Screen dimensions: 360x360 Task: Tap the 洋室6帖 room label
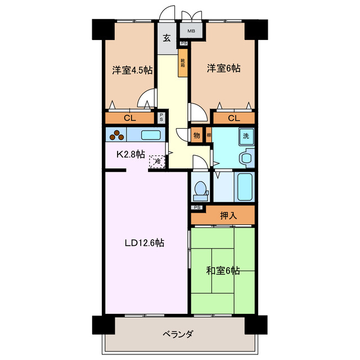tap(224, 69)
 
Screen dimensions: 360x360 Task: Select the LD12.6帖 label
tap(145, 243)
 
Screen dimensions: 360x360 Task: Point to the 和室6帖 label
tap(223, 271)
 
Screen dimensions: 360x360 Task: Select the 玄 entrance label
tap(167, 38)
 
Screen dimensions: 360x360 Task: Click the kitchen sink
tap(150, 135)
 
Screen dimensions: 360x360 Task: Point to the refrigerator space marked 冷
tap(158, 161)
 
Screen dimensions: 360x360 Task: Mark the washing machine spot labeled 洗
tap(246, 136)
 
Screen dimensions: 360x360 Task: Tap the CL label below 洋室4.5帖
tap(129, 118)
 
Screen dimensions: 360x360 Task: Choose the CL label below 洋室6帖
tap(234, 118)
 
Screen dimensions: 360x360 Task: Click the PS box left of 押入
tap(196, 208)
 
